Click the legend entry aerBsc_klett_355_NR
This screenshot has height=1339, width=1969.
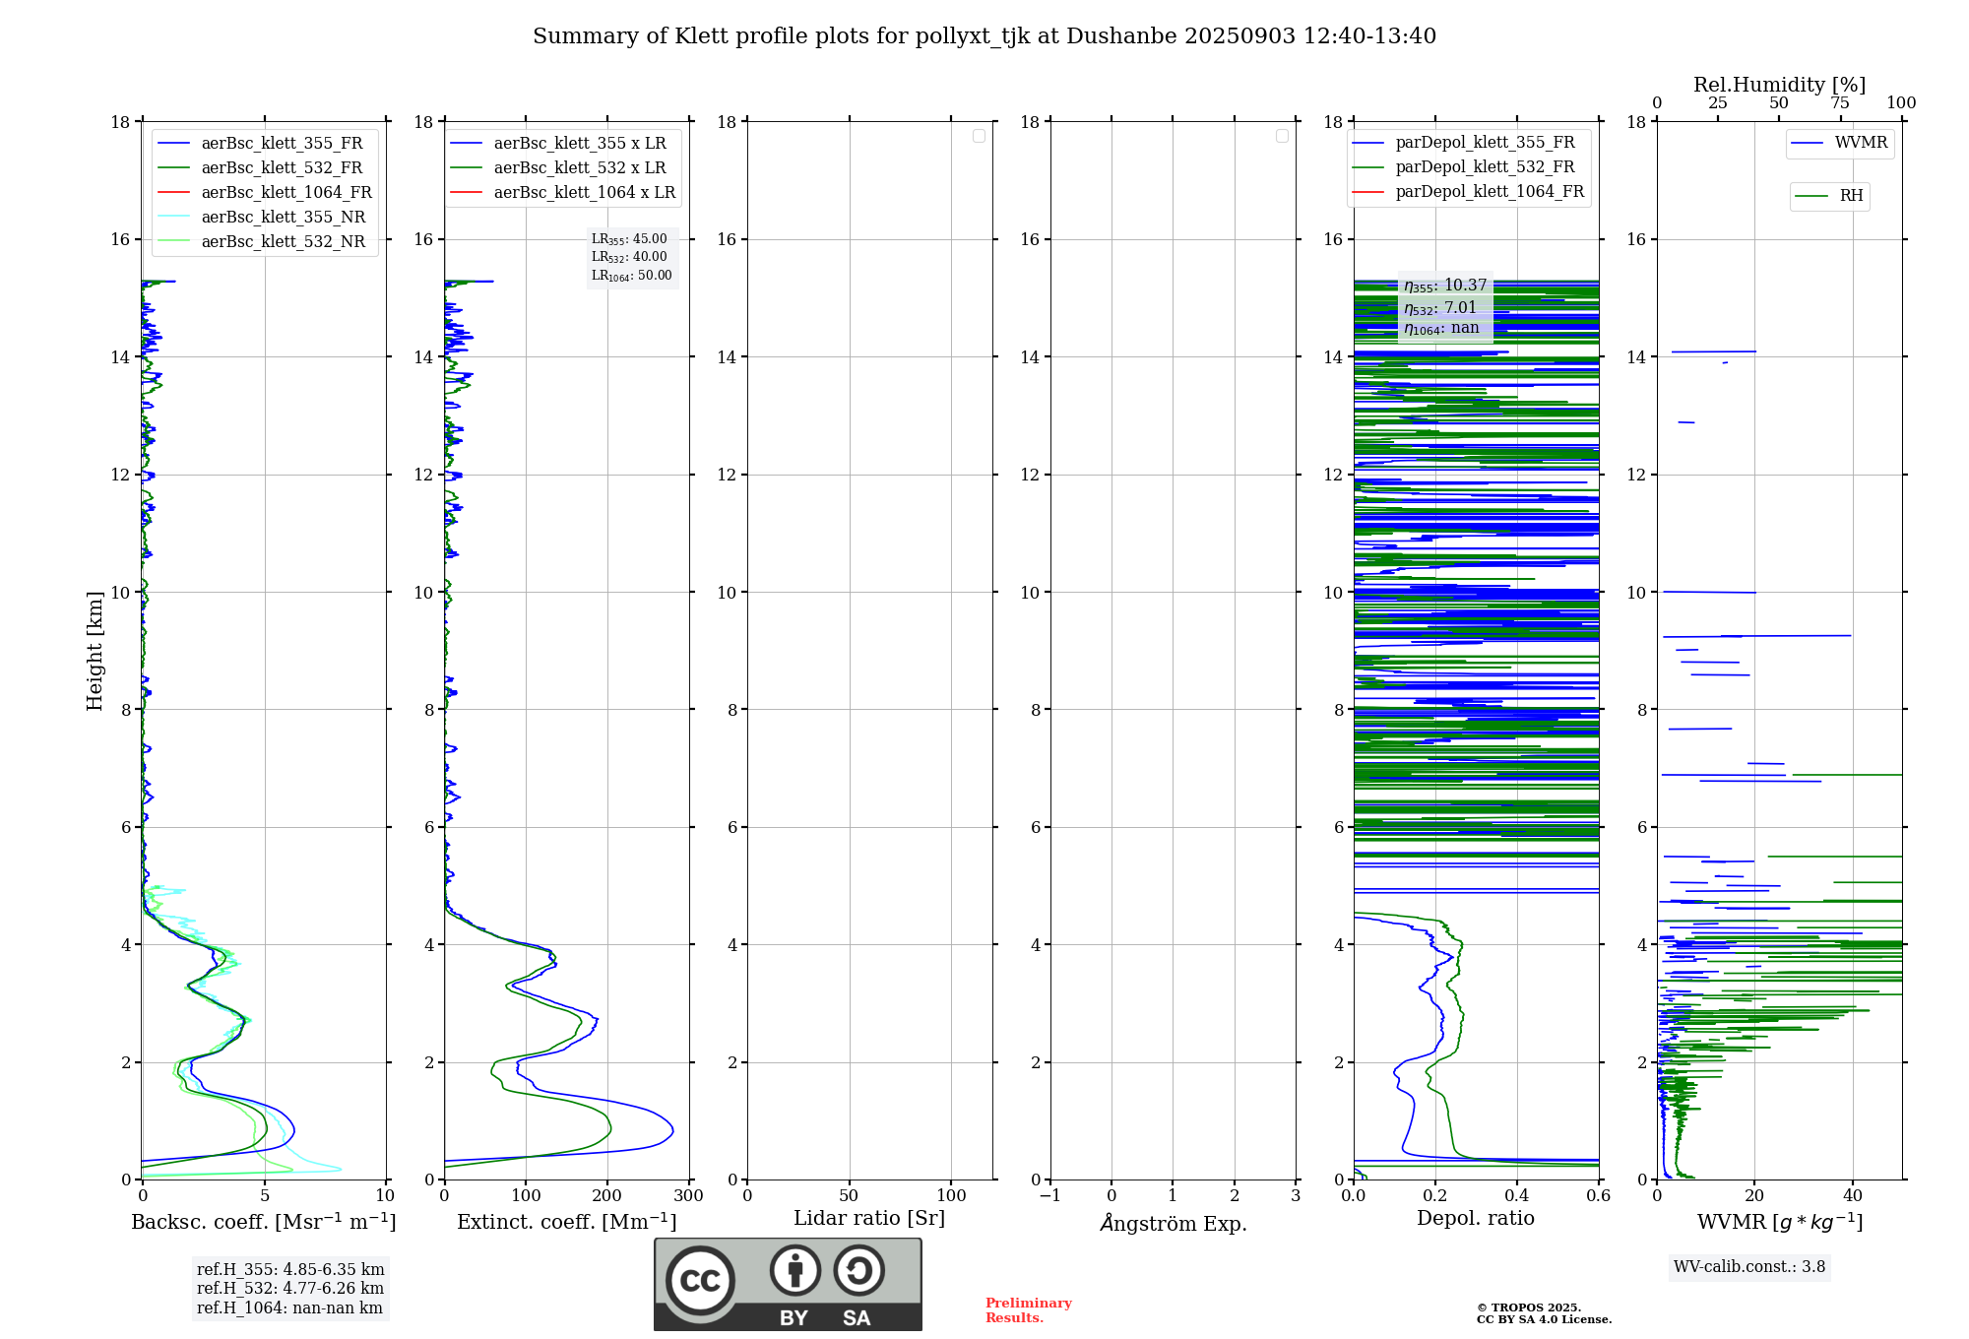pyautogui.click(x=283, y=218)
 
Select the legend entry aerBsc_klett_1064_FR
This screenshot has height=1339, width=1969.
pyautogui.click(x=286, y=193)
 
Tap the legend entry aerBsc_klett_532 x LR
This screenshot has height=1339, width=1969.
pyautogui.click(x=579, y=168)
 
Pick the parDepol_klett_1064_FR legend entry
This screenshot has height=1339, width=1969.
pyautogui.click(x=1489, y=192)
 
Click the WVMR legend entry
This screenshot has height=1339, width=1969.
pyautogui.click(x=1860, y=143)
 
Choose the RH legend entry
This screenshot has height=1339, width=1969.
pyautogui.click(x=1850, y=196)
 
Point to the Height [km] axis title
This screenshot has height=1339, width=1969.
pyautogui.click(x=95, y=651)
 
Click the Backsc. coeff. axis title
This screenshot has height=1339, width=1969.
pyautogui.click(x=263, y=1223)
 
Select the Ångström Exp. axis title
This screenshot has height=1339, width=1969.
pyautogui.click(x=1173, y=1224)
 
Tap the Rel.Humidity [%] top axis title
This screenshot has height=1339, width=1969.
pyautogui.click(x=1779, y=85)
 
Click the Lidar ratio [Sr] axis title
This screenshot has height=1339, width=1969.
pyautogui.click(x=868, y=1219)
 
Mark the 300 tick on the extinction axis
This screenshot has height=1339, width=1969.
pyautogui.click(x=689, y=1196)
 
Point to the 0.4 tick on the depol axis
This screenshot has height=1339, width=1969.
pyautogui.click(x=1516, y=1196)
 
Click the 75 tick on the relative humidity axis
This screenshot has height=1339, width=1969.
pyautogui.click(x=1839, y=103)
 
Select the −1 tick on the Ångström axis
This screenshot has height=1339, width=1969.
pyautogui.click(x=1050, y=1196)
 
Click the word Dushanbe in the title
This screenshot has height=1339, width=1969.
pyautogui.click(x=1120, y=36)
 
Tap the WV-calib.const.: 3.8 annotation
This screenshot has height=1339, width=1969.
pyautogui.click(x=1748, y=1267)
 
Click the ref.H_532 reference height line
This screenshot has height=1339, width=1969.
pyautogui.click(x=289, y=1289)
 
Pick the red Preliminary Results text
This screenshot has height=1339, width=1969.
pyautogui.click(x=1028, y=1310)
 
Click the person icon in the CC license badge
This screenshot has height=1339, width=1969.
pyautogui.click(x=794, y=1271)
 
